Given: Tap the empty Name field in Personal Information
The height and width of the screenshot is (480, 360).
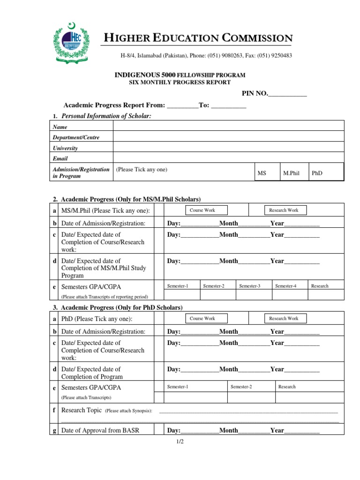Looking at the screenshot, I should tap(228, 127).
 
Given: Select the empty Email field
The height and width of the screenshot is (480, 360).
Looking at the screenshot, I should tap(228, 158).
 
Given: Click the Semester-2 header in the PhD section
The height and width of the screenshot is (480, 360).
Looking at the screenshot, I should tap(241, 387).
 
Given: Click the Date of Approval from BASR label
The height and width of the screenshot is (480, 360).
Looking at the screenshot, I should tap(100, 430).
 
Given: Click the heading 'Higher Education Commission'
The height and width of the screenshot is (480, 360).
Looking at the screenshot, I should tap(197, 38).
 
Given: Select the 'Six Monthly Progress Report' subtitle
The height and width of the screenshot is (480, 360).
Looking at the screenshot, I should tap(180, 82).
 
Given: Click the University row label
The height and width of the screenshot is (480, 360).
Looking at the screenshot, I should tap(65, 148).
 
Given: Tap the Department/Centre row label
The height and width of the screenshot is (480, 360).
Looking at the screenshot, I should tap(76, 137).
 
